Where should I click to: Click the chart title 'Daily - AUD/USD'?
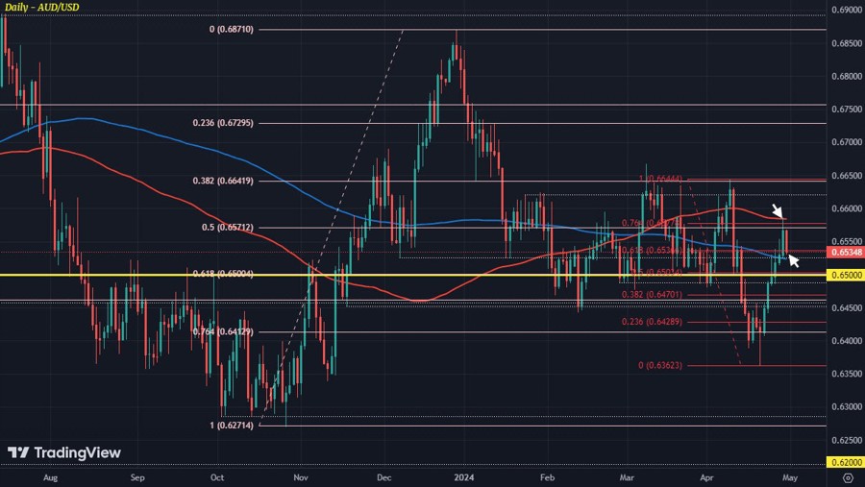43,9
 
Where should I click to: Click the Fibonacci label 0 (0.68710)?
231,30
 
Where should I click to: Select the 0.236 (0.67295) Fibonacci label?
223,123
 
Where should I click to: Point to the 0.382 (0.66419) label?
223,181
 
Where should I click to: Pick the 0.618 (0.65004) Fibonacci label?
223,274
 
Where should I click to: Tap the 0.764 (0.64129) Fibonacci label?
223,332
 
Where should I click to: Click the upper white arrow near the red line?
778,211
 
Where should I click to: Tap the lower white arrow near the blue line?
794,259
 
